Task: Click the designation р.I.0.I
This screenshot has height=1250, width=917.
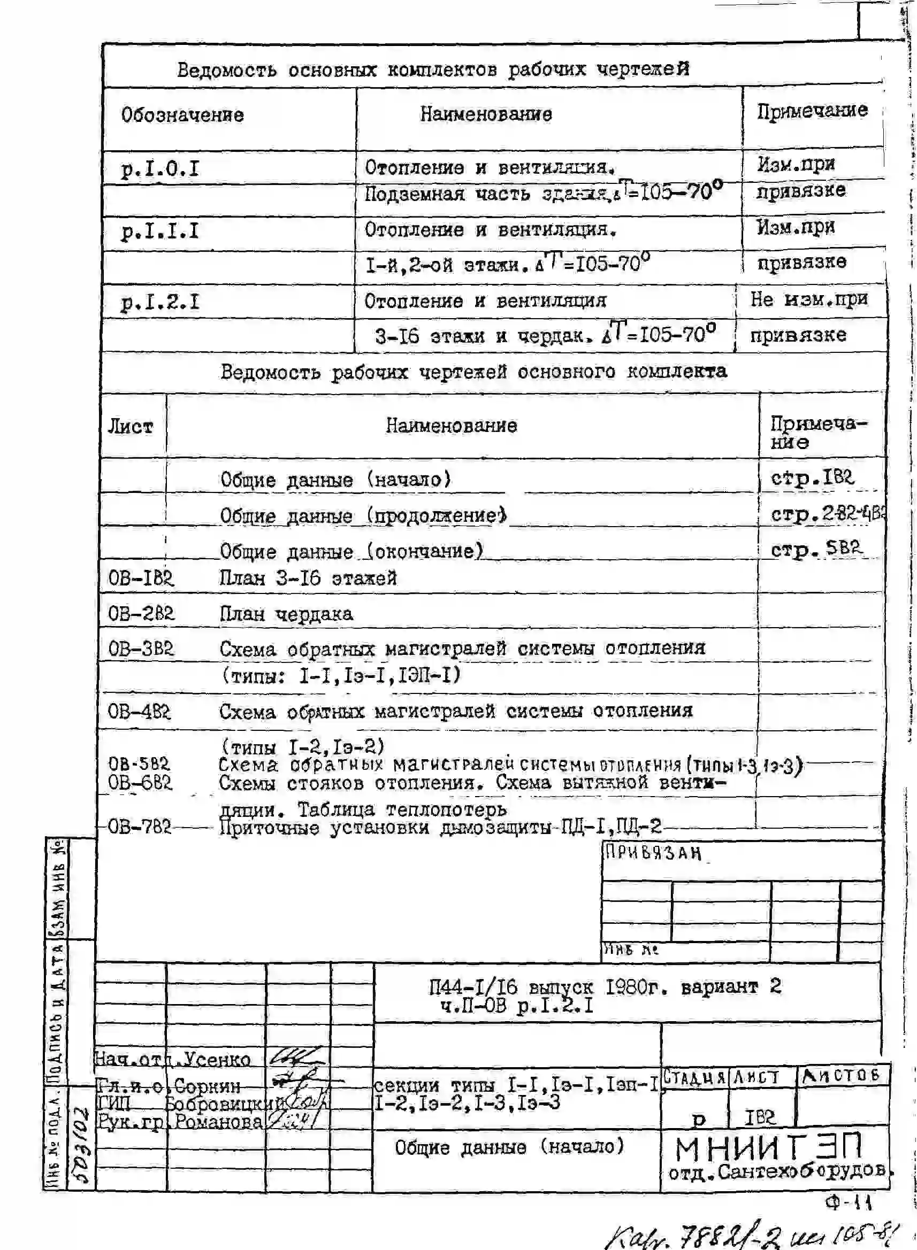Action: click(160, 169)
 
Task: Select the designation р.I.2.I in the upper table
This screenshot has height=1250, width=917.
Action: click(160, 303)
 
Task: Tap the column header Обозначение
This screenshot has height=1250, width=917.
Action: click(182, 115)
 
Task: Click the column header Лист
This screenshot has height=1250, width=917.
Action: click(130, 427)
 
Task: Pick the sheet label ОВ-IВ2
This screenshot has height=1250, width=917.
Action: click(140, 578)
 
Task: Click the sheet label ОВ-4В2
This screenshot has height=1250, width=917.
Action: click(139, 711)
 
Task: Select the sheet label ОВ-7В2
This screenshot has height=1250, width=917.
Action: click(139, 827)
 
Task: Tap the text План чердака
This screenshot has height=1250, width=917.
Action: click(286, 614)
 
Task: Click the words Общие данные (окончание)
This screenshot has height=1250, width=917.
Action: click(351, 551)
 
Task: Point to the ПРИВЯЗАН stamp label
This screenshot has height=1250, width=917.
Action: click(653, 852)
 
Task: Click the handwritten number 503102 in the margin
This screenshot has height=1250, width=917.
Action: click(80, 1143)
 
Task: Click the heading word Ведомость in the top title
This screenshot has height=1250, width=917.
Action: click(226, 71)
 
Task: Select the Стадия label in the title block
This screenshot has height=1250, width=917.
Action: click(694, 1077)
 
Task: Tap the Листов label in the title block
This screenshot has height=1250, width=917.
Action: click(840, 1076)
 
